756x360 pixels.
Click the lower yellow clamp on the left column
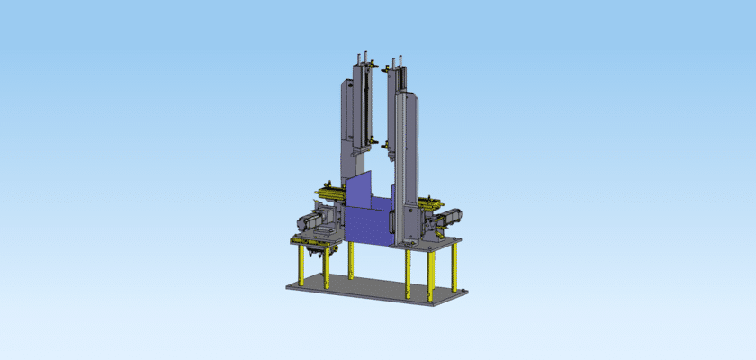[369, 141]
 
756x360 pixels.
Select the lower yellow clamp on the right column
[388, 143]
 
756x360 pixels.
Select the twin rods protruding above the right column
[396, 58]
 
